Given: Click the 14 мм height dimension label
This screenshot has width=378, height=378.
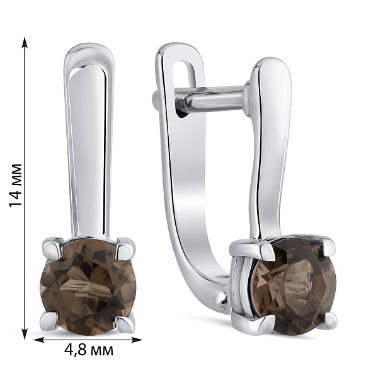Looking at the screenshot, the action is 16,185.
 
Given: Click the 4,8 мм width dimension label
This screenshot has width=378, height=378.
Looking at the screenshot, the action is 89,350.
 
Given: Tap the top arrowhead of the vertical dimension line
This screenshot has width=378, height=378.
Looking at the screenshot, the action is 25,43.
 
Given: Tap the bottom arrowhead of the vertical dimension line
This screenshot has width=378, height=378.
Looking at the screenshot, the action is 25,333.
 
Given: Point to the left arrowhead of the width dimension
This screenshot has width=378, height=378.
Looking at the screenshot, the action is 39,340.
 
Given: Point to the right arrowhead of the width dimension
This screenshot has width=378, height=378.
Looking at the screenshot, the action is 136,340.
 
